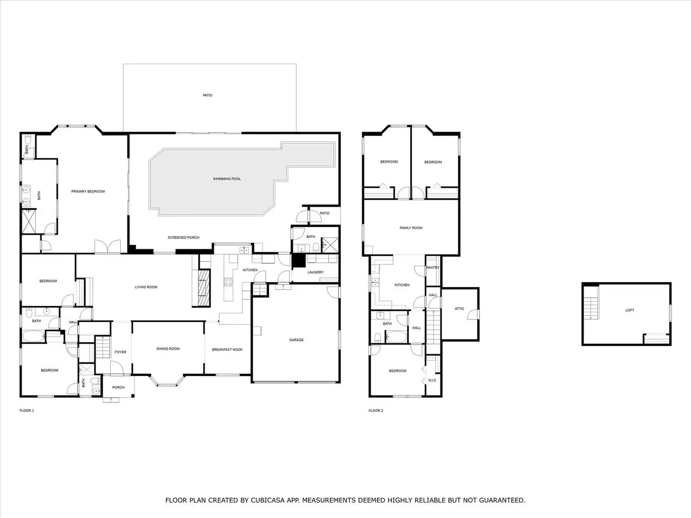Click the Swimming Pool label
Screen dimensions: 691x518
click(x=227, y=179)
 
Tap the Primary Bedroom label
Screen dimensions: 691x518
click(x=88, y=192)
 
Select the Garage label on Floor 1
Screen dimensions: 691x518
click(x=296, y=340)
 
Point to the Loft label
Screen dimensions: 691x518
click(x=629, y=310)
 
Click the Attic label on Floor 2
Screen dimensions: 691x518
click(x=459, y=309)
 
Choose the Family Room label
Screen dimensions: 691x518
click(x=411, y=228)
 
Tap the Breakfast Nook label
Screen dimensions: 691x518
click(x=227, y=350)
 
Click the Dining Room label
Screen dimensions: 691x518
click(x=168, y=349)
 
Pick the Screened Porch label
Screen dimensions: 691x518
click(x=184, y=238)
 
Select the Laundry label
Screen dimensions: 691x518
click(x=315, y=272)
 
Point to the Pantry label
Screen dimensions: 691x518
click(x=432, y=268)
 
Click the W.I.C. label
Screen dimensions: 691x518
click(x=432, y=380)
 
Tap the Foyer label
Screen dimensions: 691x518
click(x=120, y=352)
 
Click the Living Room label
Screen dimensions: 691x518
click(x=146, y=287)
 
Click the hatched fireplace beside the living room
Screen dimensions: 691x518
click(x=204, y=288)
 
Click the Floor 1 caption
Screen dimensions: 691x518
click(x=27, y=411)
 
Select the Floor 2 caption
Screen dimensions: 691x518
click(x=376, y=411)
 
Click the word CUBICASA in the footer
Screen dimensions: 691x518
click(x=265, y=500)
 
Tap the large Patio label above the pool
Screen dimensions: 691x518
click(x=207, y=96)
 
